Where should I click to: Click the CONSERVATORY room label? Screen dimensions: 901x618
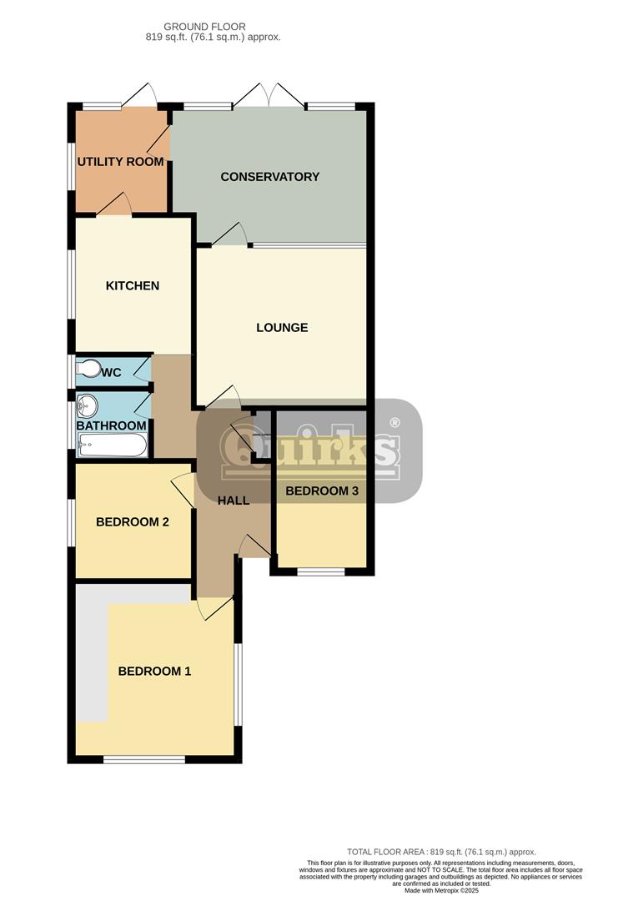(x=269, y=177)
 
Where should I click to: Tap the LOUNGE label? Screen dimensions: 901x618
(x=282, y=328)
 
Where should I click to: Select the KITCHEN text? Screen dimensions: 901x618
(x=132, y=286)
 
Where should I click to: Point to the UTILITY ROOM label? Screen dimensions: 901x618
(x=120, y=162)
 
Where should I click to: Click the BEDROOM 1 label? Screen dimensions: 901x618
(x=154, y=671)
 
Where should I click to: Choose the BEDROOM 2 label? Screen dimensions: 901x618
(x=133, y=522)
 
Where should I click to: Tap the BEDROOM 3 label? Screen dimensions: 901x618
(x=322, y=491)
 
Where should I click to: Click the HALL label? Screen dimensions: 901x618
(x=234, y=501)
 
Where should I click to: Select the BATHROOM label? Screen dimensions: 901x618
(x=112, y=425)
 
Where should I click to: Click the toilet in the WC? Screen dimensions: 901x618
(x=88, y=369)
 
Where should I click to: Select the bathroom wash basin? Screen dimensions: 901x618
(x=87, y=407)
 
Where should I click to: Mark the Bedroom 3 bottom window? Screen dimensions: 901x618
(x=321, y=572)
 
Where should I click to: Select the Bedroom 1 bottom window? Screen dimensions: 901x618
(x=143, y=759)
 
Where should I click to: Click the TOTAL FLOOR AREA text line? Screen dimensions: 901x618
(x=440, y=852)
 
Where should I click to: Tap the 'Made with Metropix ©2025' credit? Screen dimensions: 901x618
(x=440, y=891)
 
